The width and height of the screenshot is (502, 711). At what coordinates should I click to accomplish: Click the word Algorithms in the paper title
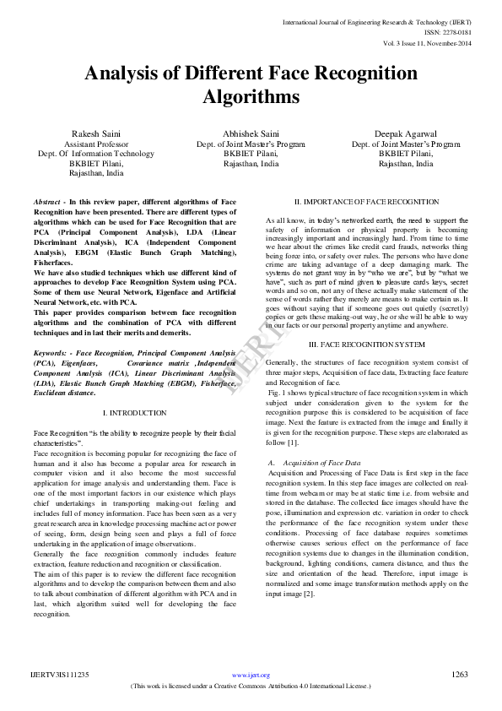pyautogui.click(x=251, y=97)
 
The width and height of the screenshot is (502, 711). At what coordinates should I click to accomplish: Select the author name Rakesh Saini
pyautogui.click(x=95, y=133)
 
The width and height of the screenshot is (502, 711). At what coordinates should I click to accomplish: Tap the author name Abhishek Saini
pyautogui.click(x=251, y=133)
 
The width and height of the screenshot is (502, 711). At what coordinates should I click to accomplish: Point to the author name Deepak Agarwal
pyautogui.click(x=406, y=133)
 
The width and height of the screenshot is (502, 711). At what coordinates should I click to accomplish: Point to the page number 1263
pyautogui.click(x=460, y=675)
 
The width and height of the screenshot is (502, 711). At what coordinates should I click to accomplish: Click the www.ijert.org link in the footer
pyautogui.click(x=251, y=676)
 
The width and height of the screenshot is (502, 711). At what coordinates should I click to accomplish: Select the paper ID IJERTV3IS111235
pyautogui.click(x=60, y=675)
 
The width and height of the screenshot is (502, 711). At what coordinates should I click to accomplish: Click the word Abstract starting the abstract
pyautogui.click(x=48, y=204)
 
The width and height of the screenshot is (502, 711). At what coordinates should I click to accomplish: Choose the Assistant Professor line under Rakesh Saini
pyautogui.click(x=95, y=144)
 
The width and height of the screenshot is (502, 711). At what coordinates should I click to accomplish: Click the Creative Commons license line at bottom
pyautogui.click(x=251, y=687)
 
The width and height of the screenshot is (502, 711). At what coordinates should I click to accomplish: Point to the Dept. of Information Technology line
pyautogui.click(x=95, y=154)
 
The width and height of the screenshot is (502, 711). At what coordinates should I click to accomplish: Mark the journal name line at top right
pyautogui.click(x=407, y=20)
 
